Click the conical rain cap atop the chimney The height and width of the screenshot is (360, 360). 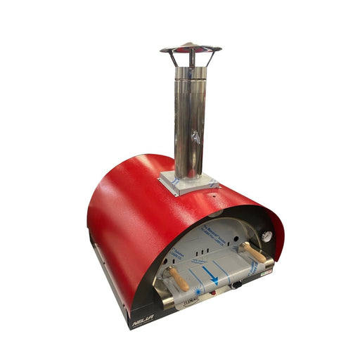coord(190,49)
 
